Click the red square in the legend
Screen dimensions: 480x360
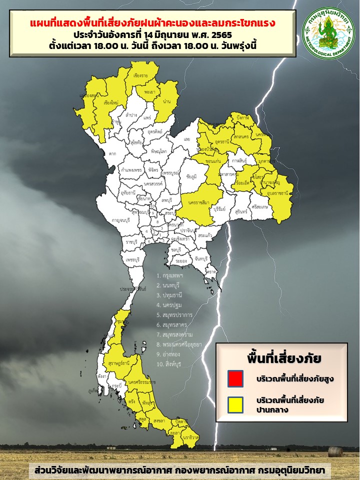(234, 378)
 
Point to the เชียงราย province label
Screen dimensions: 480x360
(142, 76)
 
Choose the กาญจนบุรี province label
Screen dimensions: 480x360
(121, 220)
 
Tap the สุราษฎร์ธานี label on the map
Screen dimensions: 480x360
(119, 362)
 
